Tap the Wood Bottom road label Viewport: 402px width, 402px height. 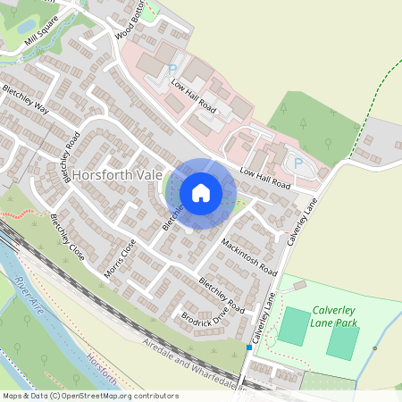coord(129,22)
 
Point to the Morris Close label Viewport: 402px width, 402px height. coord(121,257)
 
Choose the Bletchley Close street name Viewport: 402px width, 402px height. coord(68,237)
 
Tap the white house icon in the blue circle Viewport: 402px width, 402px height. coord(201,192)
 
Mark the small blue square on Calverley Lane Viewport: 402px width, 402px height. coord(248,347)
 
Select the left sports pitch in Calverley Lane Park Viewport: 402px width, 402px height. coord(291,326)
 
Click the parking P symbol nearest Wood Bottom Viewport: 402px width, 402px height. coord(172,68)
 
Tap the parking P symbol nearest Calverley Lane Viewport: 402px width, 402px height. coord(298,163)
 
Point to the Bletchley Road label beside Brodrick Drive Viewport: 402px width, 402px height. coord(222,291)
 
